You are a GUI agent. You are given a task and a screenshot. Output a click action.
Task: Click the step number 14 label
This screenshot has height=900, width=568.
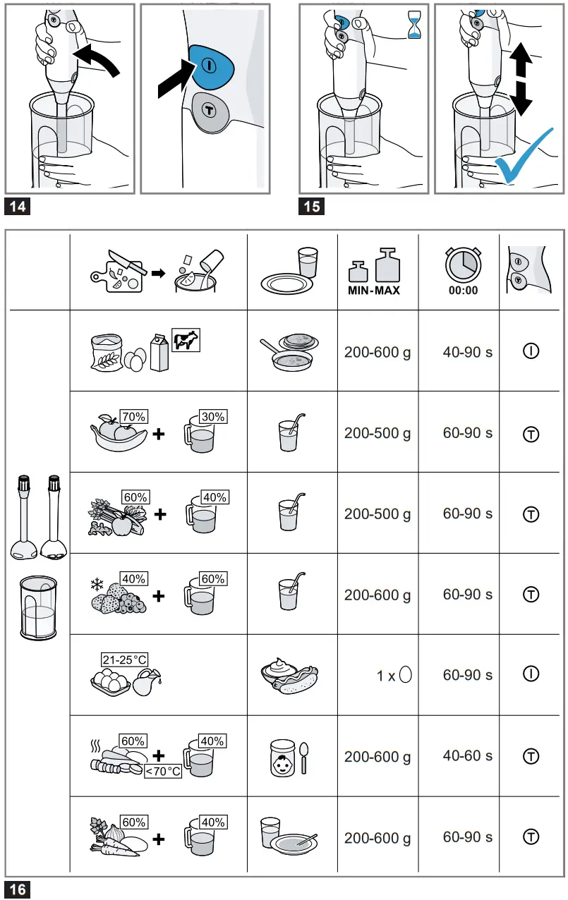[x=17, y=207]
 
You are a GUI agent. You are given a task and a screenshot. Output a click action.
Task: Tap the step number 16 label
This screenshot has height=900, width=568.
[x=17, y=889]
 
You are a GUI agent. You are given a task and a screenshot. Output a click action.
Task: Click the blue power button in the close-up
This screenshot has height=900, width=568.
[x=212, y=66]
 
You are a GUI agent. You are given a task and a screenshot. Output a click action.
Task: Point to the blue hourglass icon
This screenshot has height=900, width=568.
[x=414, y=23]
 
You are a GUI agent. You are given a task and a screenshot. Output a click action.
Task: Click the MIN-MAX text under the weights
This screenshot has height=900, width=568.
[x=374, y=290]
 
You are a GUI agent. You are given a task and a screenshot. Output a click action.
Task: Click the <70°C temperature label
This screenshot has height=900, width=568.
[x=162, y=771]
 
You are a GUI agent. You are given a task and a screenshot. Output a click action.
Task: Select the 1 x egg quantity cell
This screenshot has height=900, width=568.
[x=394, y=676]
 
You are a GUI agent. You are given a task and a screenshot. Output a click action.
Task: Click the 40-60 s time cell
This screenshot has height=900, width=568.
[x=467, y=755]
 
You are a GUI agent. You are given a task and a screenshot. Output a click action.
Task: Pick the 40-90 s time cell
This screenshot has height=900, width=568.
[x=467, y=351]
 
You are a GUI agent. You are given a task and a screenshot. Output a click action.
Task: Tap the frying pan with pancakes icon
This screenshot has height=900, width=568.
[x=289, y=351]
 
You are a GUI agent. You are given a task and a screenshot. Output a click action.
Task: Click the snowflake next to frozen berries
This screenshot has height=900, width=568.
[x=96, y=585]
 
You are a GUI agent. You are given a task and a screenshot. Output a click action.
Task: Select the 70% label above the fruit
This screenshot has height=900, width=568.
[x=133, y=416]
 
